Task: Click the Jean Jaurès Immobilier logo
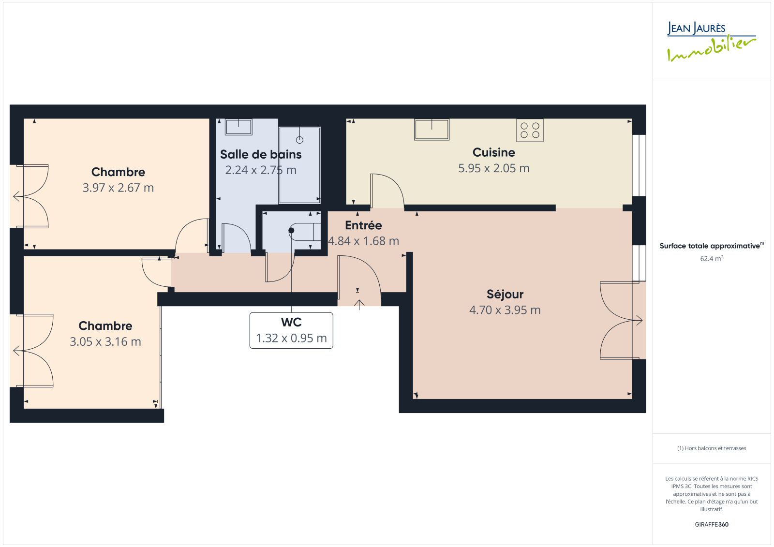click(x=711, y=42)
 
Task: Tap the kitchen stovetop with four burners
click(x=530, y=130)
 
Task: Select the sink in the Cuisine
click(x=432, y=130)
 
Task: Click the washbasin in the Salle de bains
click(x=238, y=127)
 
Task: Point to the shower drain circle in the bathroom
click(x=299, y=140)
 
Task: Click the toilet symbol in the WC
click(x=305, y=232)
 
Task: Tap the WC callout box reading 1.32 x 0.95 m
click(x=291, y=330)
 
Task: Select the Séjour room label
click(x=505, y=294)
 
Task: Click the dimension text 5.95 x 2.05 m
click(x=493, y=168)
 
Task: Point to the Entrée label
click(x=363, y=225)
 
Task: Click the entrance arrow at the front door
click(x=359, y=304)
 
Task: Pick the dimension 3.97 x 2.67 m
click(x=118, y=188)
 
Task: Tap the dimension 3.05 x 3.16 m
click(x=105, y=342)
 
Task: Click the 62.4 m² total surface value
click(x=712, y=258)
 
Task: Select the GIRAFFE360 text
click(x=712, y=524)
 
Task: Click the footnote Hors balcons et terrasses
click(x=712, y=448)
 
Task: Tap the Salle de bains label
click(x=261, y=154)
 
